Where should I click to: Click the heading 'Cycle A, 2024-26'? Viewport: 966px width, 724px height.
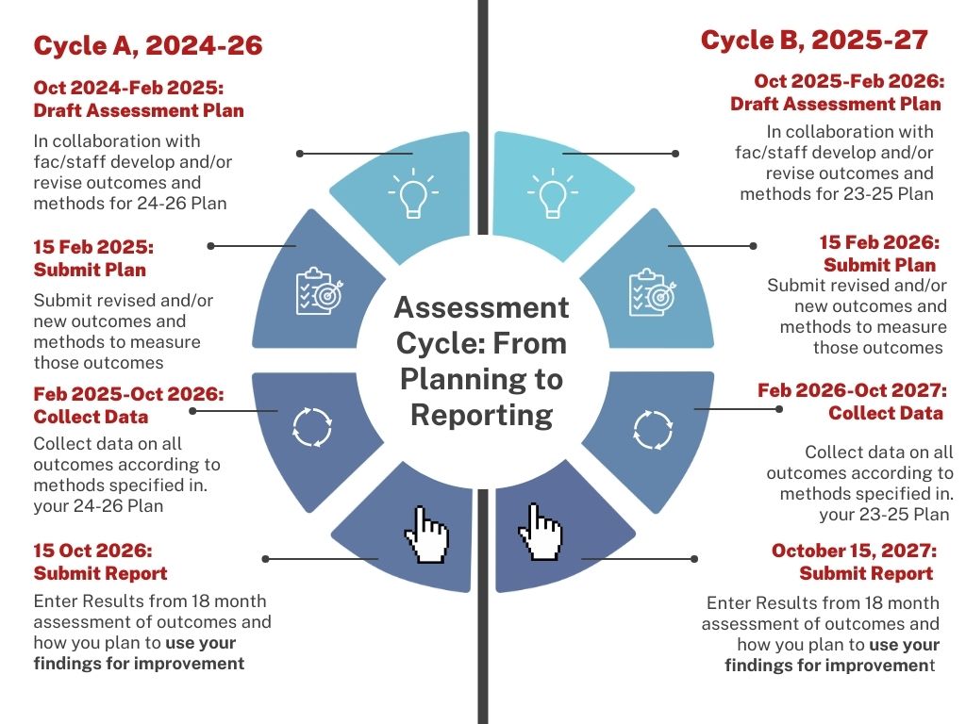point(147,46)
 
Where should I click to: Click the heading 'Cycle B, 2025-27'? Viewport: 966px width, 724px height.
point(814,41)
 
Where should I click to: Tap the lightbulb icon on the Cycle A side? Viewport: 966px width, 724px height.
point(412,194)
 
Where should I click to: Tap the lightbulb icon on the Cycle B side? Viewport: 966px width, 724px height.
point(552,194)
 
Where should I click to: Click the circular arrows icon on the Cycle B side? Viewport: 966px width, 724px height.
point(653,430)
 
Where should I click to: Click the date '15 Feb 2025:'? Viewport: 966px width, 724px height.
point(93,247)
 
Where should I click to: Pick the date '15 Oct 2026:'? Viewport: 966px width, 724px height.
point(92,551)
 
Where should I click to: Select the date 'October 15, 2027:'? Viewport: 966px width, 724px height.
point(853,551)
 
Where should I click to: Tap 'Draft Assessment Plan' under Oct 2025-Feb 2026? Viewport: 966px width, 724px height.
point(835,104)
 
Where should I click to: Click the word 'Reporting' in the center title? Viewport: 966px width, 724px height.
point(481,415)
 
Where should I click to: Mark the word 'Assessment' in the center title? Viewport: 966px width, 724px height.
point(481,307)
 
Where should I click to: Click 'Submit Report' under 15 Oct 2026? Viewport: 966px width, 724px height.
point(100,573)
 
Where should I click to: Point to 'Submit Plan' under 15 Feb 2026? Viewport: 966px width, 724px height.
point(879,265)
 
